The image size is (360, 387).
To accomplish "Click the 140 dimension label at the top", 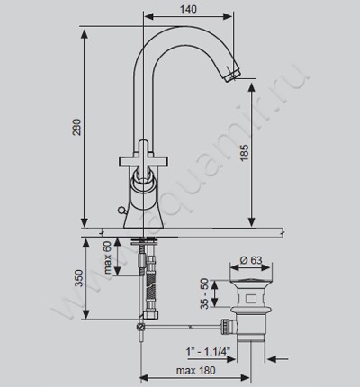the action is [188, 9].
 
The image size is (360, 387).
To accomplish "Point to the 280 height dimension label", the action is [77, 127].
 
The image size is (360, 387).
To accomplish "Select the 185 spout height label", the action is [245, 153].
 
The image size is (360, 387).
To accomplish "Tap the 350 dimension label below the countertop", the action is [78, 278].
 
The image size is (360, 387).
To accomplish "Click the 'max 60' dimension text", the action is [107, 258].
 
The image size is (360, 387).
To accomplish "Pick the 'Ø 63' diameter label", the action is [251, 260].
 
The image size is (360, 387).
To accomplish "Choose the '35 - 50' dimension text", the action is [204, 294].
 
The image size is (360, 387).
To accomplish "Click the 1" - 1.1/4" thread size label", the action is [208, 351].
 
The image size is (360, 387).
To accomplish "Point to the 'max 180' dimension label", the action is [195, 370].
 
